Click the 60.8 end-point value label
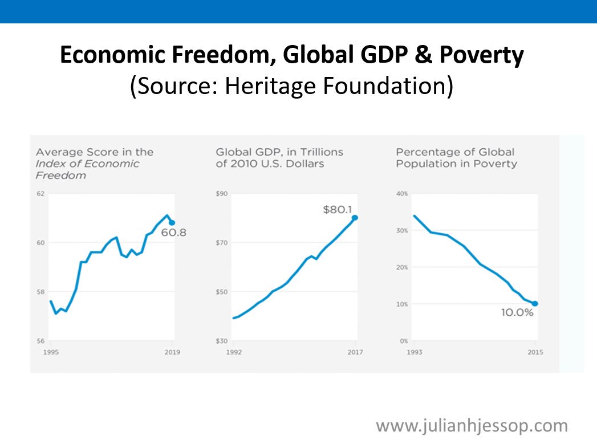[x=174, y=233]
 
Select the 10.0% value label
[x=517, y=313]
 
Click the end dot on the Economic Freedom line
[x=172, y=222]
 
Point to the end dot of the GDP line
[x=355, y=217]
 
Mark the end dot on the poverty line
[x=535, y=304]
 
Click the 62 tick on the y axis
[x=40, y=194]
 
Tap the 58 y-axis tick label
[x=40, y=292]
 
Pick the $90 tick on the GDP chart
[x=222, y=194]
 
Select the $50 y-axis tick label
[x=222, y=292]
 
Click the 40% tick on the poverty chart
[x=402, y=194]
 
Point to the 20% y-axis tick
[x=402, y=267]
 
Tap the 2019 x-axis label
[x=172, y=352]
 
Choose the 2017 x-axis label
[x=355, y=352]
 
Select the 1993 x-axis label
[x=415, y=352]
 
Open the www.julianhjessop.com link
[x=472, y=425]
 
